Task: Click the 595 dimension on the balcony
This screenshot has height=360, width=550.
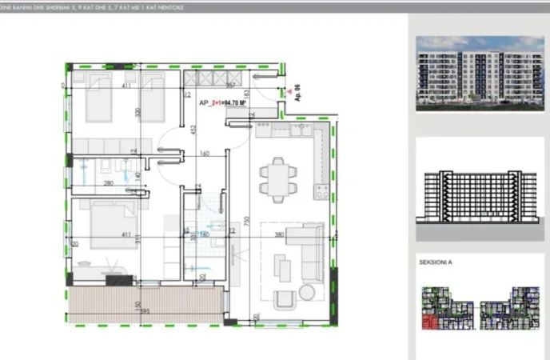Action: [144, 312]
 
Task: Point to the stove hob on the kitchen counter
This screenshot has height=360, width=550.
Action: [322, 192]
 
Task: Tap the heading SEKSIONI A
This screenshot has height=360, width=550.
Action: [436, 262]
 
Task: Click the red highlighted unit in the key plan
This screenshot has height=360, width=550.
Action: [430, 322]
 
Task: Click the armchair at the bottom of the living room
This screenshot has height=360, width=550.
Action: [285, 299]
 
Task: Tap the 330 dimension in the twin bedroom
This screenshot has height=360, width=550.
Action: [138, 113]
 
